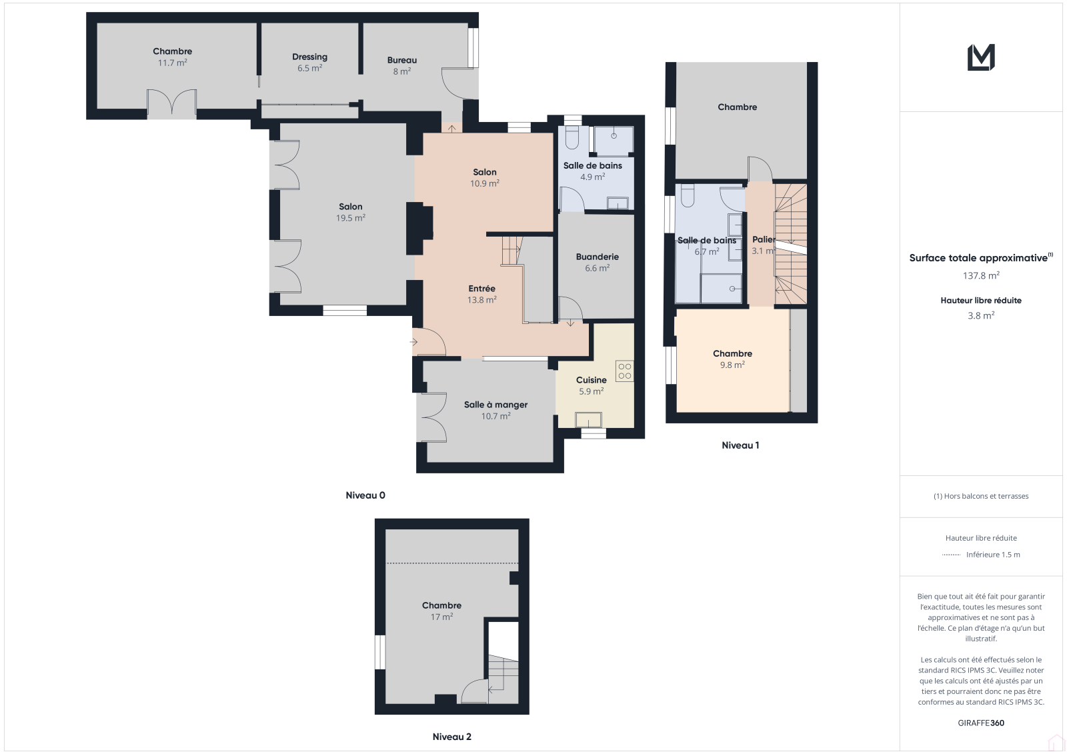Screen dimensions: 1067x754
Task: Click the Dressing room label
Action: [309, 57]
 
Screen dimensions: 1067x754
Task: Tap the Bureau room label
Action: [402, 60]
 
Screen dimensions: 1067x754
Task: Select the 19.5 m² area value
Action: [351, 218]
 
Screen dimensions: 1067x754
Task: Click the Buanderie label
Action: [598, 257]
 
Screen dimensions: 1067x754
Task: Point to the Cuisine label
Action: [591, 380]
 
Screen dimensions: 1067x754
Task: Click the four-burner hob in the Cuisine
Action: [624, 371]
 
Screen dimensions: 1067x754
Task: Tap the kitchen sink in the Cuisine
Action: [588, 419]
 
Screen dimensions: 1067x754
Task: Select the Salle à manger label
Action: [496, 405]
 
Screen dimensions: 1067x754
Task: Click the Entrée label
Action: [481, 289]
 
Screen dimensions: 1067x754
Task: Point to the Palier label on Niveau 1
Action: [764, 239]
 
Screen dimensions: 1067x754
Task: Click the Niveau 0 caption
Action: [365, 495]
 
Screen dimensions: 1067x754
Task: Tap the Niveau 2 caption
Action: [451, 737]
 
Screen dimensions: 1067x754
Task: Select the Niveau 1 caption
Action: [740, 445]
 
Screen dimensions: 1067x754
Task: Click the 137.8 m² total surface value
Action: [981, 276]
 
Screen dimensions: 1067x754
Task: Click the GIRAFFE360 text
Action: [981, 723]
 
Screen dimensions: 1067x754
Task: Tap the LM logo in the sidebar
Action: [981, 57]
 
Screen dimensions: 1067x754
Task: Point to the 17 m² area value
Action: [441, 617]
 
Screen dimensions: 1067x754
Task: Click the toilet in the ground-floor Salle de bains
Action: [572, 137]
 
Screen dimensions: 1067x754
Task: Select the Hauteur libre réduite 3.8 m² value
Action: [981, 316]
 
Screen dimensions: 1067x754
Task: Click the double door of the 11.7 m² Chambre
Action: [171, 103]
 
